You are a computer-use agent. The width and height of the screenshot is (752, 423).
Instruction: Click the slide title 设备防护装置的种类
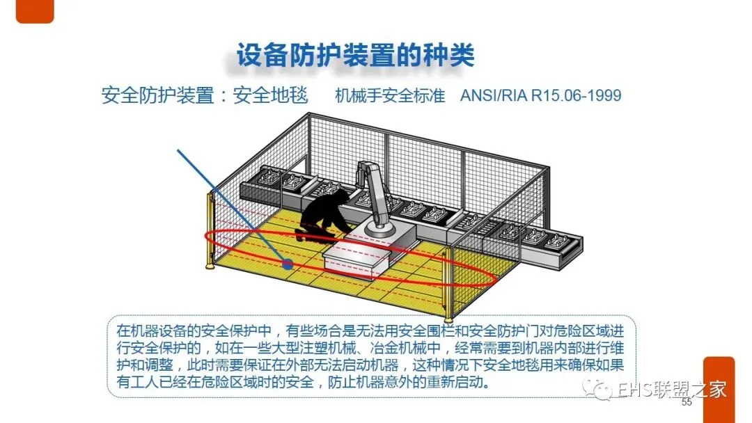(x=355, y=56)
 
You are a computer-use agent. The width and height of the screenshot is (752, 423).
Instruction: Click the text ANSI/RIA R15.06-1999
(x=540, y=95)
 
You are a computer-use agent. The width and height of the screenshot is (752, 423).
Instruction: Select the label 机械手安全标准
(x=389, y=95)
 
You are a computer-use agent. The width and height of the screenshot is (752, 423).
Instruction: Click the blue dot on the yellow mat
(x=287, y=264)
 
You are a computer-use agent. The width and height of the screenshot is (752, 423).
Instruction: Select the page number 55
(x=687, y=403)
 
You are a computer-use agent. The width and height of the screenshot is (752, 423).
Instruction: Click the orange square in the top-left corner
(x=34, y=11)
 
